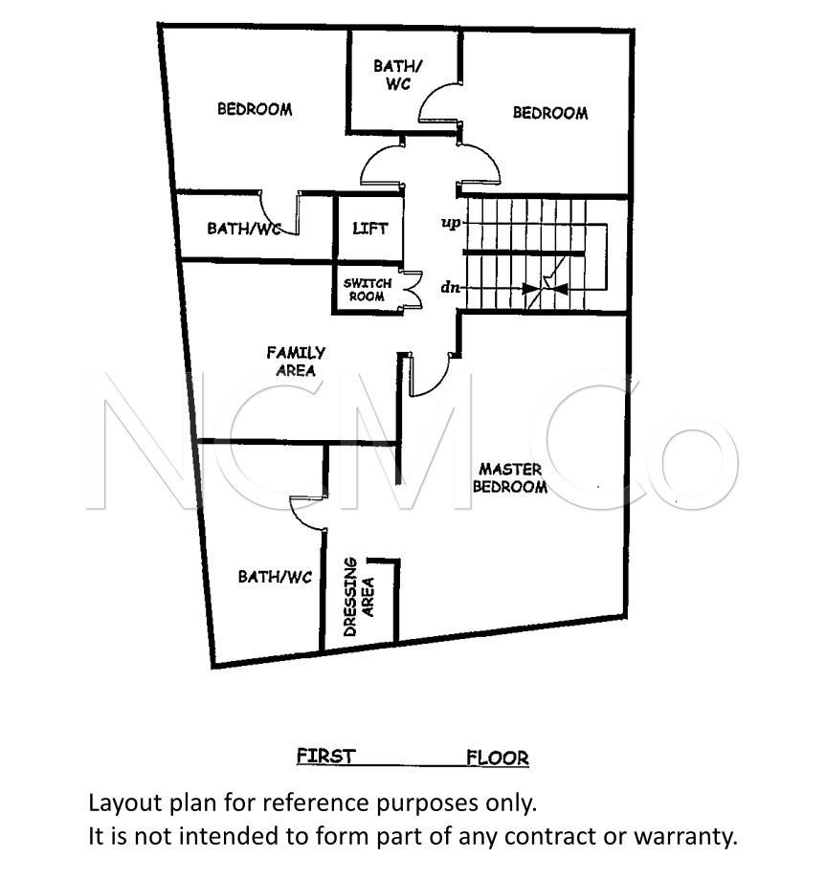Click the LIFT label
tap(370, 229)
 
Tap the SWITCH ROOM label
tap(368, 290)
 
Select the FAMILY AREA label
tap(296, 362)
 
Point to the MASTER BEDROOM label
tap(510, 477)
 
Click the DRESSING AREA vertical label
tap(358, 597)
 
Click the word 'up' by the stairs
tap(451, 223)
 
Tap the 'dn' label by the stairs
tap(450, 288)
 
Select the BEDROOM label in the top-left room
tap(255, 109)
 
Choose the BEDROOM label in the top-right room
tap(550, 114)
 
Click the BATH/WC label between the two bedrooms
tap(397, 75)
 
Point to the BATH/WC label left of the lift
tap(244, 229)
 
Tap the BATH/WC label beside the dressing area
tap(275, 577)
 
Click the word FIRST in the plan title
tap(326, 757)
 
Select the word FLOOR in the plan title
tap(498, 759)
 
